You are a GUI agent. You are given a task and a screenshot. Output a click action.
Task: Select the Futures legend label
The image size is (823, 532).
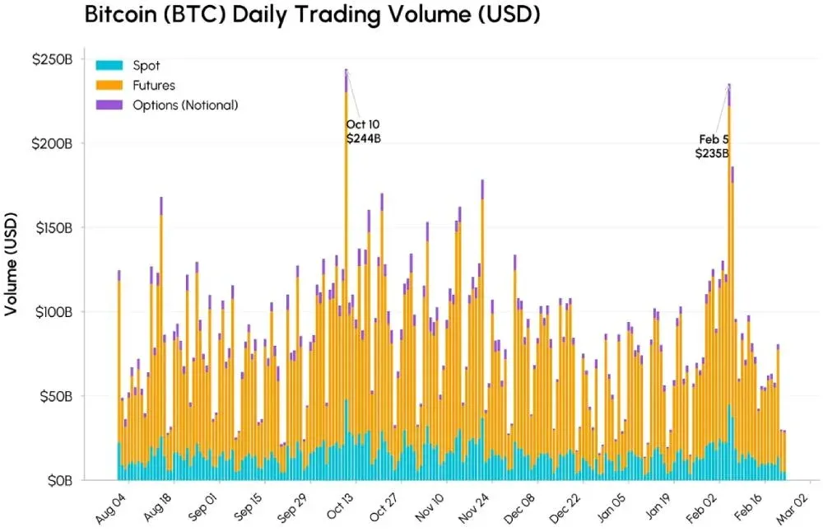153,85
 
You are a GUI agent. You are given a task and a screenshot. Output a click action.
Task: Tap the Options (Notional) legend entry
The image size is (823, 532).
185,105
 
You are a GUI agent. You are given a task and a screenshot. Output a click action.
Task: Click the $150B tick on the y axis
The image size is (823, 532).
54,228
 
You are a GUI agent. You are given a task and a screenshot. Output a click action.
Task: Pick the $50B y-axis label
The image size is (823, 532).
58,396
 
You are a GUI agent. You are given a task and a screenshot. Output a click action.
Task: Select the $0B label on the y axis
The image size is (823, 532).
61,480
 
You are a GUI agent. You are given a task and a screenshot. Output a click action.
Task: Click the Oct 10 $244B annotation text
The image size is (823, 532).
363,132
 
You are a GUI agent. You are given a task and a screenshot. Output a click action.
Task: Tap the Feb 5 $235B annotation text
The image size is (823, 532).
713,146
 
